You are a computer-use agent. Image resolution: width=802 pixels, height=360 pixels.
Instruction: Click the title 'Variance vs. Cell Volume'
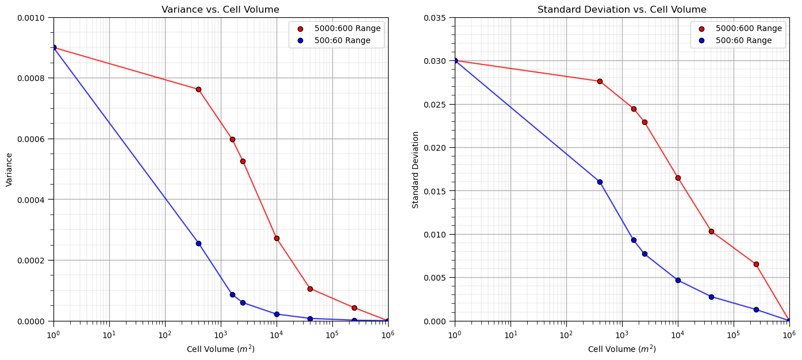220,10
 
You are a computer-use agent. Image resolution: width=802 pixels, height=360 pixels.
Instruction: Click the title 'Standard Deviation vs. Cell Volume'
621,10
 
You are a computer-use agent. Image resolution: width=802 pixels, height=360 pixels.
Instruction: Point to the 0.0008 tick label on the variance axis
34,78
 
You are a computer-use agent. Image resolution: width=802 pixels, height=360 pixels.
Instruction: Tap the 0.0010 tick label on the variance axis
34,18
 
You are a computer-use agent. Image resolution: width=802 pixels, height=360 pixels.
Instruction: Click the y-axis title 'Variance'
9,169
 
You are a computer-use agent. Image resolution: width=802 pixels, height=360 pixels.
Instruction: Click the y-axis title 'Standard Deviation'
416,169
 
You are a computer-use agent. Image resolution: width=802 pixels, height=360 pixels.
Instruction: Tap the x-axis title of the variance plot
220,349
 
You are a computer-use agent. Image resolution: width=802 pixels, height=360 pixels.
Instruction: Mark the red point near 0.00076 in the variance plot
198,89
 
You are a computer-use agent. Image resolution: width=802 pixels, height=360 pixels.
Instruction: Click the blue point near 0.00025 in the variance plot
198,243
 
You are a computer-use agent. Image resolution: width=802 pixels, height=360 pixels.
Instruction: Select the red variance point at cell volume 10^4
277,238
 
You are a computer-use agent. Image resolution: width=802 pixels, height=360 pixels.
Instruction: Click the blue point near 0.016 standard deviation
600,182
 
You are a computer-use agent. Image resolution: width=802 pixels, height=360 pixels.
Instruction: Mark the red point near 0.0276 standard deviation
600,81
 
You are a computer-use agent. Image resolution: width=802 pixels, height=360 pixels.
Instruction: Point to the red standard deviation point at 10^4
678,178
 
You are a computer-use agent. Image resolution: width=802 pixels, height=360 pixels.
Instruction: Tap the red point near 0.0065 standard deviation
756,264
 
